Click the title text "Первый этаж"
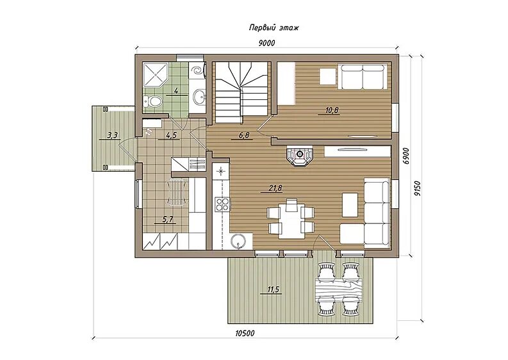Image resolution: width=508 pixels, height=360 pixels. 274,28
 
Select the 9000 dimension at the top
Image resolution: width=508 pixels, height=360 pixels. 267,43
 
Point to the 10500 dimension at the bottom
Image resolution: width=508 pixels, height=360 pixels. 245,333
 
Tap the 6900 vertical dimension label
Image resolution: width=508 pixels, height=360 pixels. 407,156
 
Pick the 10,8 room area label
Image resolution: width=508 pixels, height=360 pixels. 332,110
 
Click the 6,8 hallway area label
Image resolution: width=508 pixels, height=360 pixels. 244,135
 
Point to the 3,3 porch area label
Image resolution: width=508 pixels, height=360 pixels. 112,135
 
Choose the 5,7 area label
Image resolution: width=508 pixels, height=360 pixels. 168,219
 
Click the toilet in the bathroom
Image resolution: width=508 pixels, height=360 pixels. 152,101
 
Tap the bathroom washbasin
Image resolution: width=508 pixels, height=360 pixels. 199,96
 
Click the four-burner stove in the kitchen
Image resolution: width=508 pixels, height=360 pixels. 222,204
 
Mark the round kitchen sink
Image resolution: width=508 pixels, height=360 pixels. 239,241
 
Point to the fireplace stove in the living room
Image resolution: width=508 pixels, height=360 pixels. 300,156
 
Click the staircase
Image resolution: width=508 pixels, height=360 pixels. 242,93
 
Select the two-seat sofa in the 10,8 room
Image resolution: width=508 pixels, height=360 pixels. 362,77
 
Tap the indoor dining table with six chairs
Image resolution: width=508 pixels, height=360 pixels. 291,219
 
